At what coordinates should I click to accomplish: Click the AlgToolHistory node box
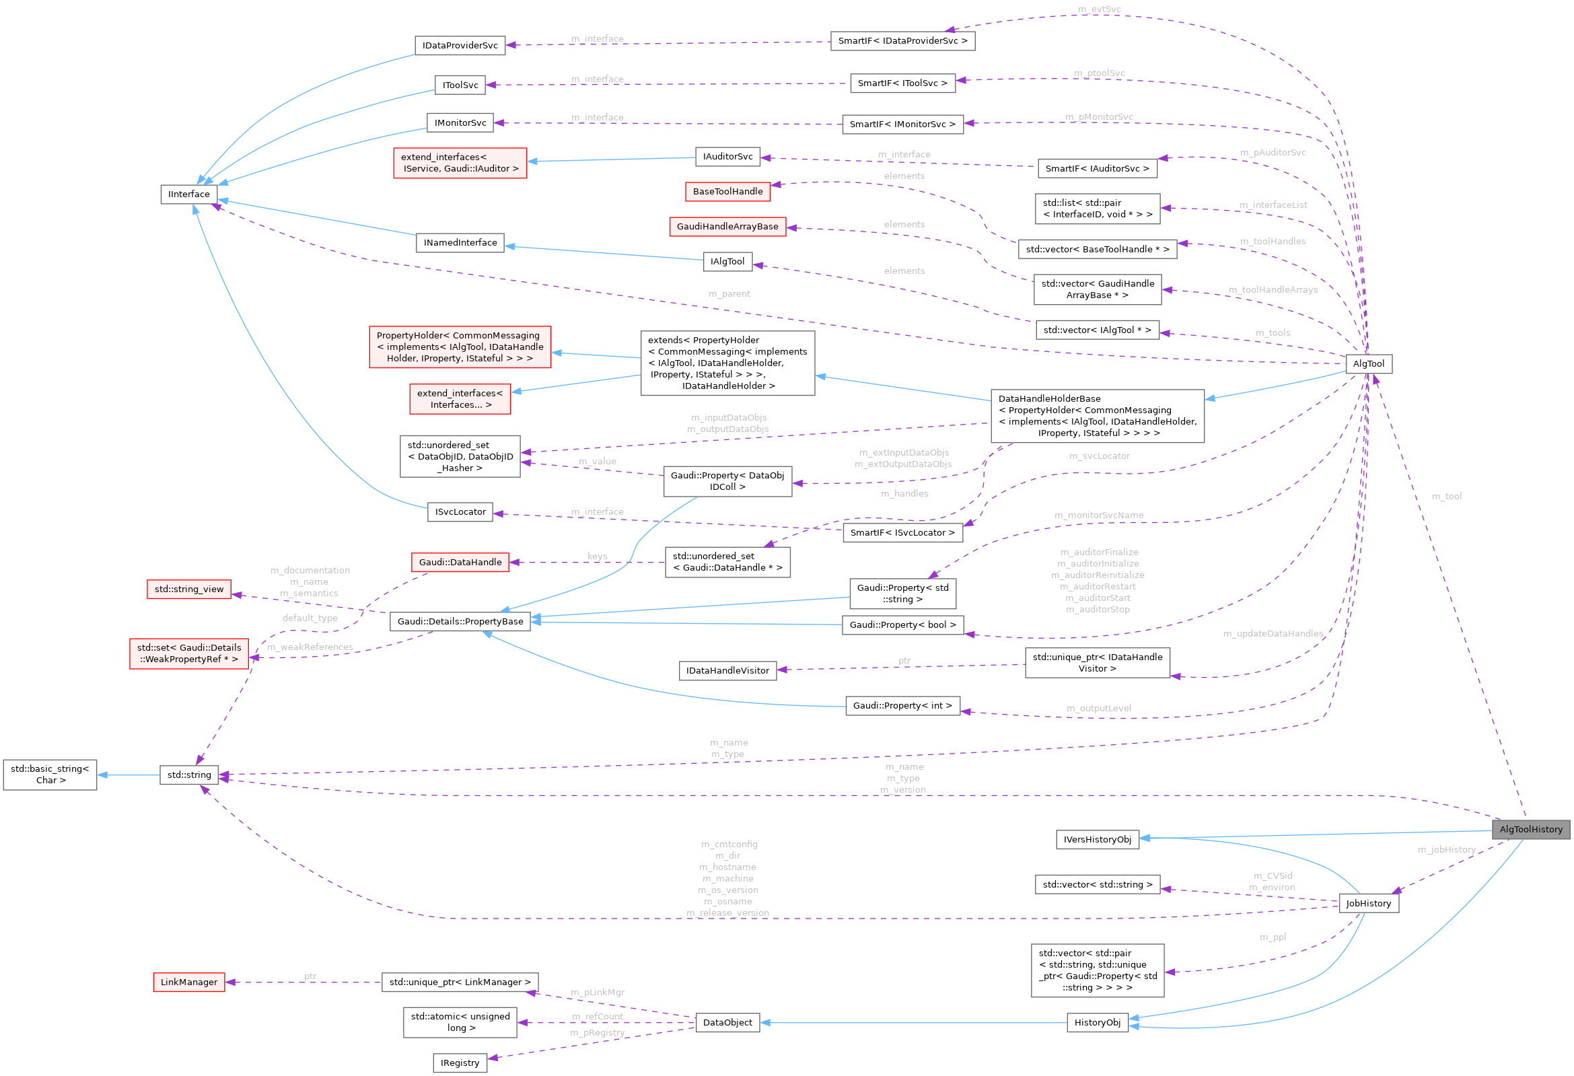tap(1530, 830)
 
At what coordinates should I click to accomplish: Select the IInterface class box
tap(189, 194)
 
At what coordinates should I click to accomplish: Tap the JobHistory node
tap(1368, 903)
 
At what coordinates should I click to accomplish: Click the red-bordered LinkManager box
tap(189, 982)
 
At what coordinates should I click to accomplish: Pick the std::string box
tap(189, 775)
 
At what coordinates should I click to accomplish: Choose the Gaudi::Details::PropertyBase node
tap(460, 622)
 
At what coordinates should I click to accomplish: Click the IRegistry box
tap(460, 1063)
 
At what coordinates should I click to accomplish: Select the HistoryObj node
tap(1097, 1023)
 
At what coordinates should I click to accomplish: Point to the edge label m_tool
tap(1447, 497)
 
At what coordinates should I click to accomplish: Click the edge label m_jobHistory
tap(1447, 850)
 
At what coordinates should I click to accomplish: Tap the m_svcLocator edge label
tap(1099, 456)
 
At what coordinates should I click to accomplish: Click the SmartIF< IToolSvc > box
tap(902, 83)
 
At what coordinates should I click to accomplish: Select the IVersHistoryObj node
tap(1097, 840)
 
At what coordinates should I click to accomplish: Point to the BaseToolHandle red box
tap(727, 192)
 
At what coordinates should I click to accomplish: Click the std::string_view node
tap(189, 589)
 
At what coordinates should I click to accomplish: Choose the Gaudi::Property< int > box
tap(902, 706)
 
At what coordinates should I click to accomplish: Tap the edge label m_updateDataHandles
tap(1273, 634)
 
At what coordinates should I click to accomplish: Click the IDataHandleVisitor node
tap(727, 671)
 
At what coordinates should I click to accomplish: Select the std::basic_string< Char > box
tap(50, 775)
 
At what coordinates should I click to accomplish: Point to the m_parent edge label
tap(729, 294)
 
